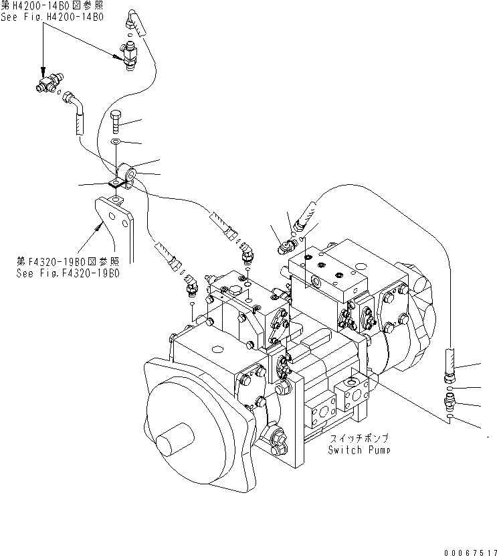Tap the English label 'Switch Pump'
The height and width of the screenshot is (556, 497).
click(359, 450)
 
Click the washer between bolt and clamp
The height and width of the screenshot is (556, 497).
click(115, 142)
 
